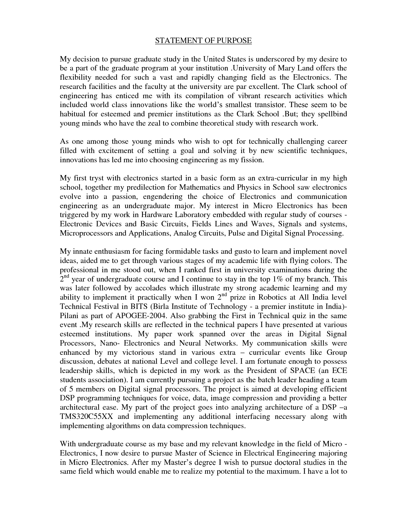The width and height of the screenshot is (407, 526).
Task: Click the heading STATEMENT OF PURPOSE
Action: click(203, 41)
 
